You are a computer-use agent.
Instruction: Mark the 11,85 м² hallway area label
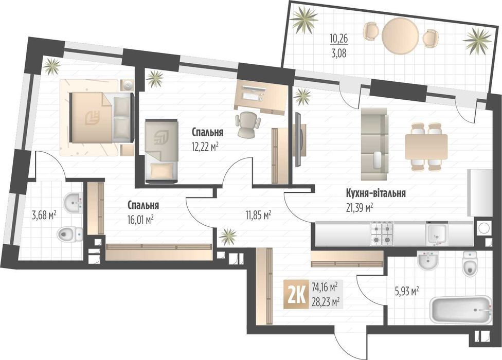[x=258, y=215]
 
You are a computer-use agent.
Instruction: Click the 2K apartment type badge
[x=297, y=294]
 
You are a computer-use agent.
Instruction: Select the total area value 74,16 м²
[x=325, y=285]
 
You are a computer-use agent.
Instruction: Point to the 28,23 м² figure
[x=325, y=302]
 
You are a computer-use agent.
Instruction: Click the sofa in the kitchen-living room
[x=374, y=138]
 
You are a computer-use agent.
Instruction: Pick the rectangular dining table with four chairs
[x=426, y=146]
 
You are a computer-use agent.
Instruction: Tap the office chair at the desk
[x=247, y=123]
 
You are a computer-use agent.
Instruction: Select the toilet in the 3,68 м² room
[x=68, y=235]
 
